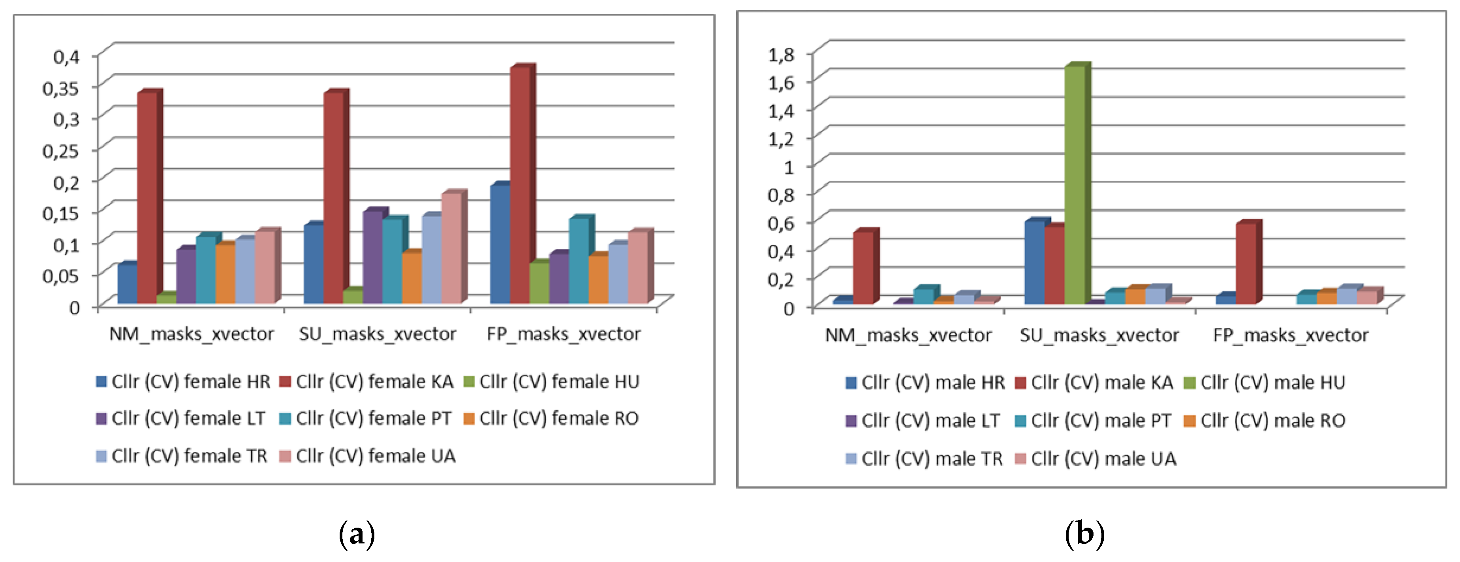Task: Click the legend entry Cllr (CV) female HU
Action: [x=551, y=382]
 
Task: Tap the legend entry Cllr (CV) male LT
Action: [x=923, y=420]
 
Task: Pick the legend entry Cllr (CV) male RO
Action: [x=1265, y=420]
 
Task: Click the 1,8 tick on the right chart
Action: [x=781, y=55]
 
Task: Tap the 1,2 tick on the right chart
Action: [x=781, y=139]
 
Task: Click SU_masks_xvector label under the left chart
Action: [x=378, y=334]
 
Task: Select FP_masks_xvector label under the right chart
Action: [x=1291, y=335]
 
